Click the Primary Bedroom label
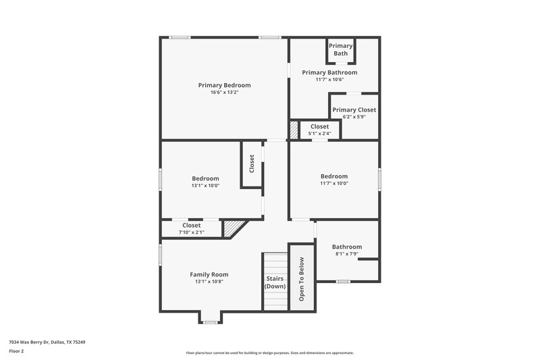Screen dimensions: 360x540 coord(224,85)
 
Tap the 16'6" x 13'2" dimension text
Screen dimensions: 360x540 coord(224,93)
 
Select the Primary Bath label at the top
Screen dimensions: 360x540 coord(341,49)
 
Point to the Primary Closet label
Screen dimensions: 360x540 coord(354,109)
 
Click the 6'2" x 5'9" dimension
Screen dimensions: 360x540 coord(354,117)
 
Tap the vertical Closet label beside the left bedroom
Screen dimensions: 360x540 coord(252,164)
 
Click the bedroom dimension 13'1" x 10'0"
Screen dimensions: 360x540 coord(205,186)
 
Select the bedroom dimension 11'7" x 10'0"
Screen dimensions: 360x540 coord(333,183)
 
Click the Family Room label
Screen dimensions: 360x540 coord(209,274)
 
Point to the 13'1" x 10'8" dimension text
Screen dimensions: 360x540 coord(209,282)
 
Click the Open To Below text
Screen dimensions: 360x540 coord(302,278)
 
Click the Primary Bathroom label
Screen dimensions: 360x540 coord(329,72)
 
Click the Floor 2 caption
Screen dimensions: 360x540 coord(16,352)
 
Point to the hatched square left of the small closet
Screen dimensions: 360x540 coord(294,129)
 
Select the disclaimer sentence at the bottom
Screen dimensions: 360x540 coord(270,353)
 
